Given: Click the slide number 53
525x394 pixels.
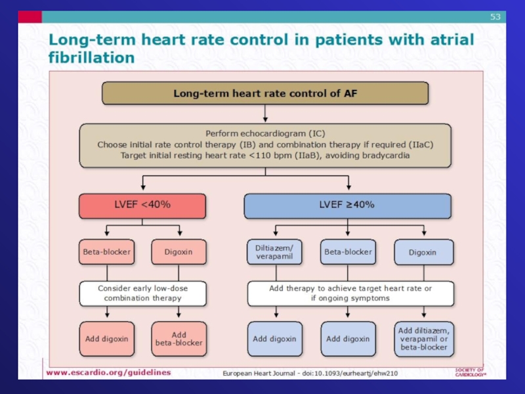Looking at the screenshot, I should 495,16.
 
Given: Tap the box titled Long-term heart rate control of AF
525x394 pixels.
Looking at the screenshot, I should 265,93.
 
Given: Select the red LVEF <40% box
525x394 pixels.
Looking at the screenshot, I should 142,205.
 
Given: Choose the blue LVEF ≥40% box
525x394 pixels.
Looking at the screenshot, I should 347,205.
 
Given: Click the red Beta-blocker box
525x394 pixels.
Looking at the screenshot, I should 106,252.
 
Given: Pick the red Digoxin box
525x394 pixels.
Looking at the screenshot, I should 178,252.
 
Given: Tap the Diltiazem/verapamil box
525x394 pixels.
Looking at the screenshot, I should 275,252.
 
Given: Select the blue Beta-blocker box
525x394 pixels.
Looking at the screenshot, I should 347,252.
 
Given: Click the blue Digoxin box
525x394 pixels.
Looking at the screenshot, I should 424,252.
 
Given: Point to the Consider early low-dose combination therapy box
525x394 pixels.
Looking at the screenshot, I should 142,293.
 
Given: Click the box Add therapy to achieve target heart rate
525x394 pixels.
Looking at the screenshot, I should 350,293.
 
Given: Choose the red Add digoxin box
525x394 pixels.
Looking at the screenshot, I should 106,339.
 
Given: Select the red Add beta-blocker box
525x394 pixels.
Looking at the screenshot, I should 178,339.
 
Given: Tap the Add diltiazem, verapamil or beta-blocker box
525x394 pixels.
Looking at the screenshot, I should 424,339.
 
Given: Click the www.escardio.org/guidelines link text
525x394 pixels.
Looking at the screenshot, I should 108,372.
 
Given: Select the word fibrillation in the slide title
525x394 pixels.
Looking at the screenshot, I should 91,57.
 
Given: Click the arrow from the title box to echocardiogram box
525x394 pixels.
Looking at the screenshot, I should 265,114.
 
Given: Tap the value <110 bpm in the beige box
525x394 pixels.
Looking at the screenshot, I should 269,156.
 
